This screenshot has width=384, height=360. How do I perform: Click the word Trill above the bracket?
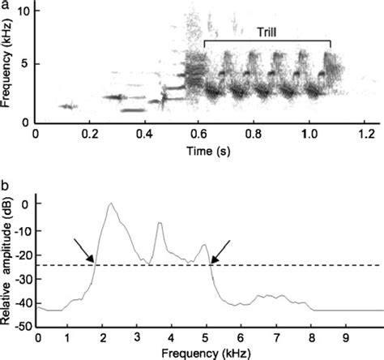click(x=268, y=30)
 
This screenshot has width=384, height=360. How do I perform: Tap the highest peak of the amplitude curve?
click(x=111, y=204)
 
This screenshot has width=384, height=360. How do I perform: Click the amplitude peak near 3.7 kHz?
click(x=159, y=223)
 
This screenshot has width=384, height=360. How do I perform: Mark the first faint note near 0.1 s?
click(x=69, y=105)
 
